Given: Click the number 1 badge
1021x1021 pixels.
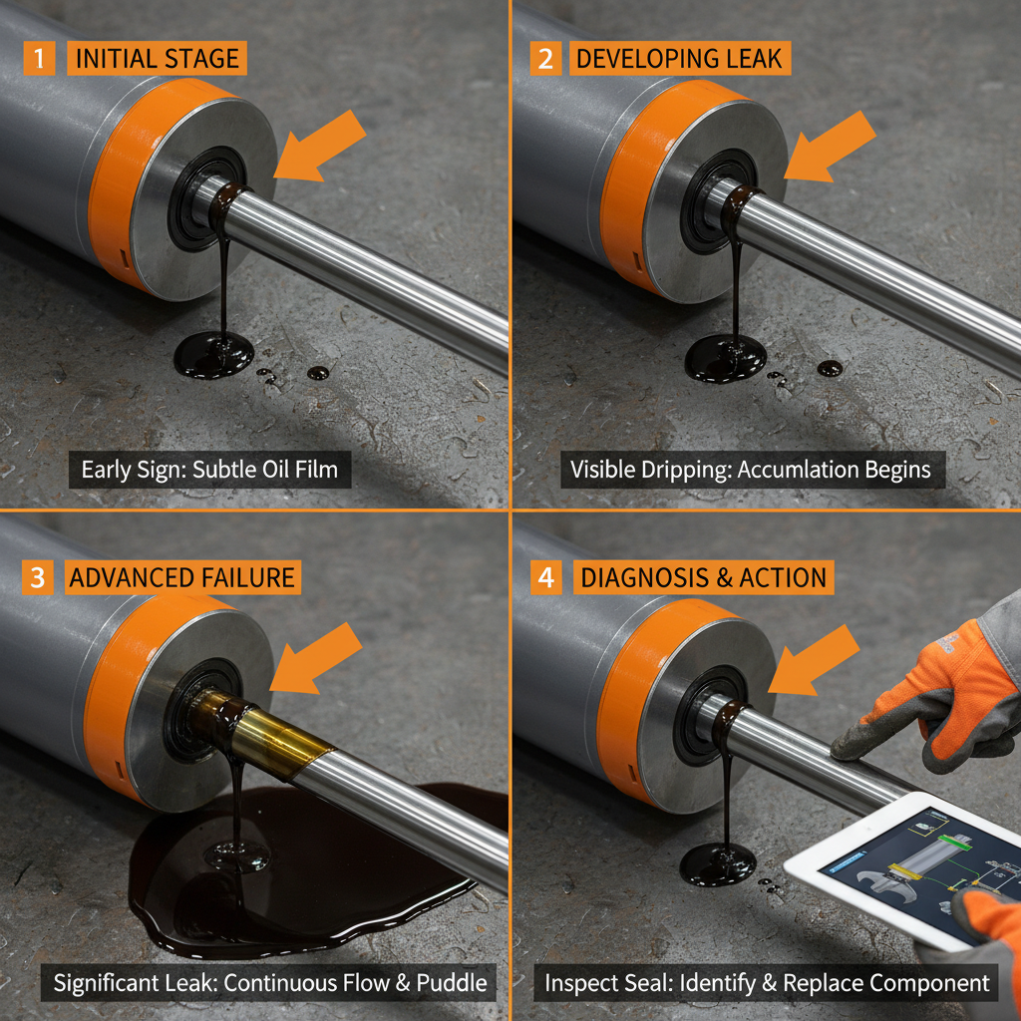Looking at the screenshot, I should pos(39,58).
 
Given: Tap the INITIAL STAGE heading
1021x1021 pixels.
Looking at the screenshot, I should pos(158,58).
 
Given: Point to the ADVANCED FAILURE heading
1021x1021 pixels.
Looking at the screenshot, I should pos(182,577).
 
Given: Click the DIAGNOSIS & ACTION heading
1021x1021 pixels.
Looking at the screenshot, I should pos(703,577).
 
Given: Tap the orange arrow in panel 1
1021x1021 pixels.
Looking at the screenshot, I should pos(320,146).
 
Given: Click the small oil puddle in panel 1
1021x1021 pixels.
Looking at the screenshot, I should pos(213,355).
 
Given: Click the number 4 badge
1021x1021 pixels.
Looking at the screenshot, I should pos(545,577).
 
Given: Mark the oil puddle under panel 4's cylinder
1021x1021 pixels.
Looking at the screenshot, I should pos(718,862).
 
